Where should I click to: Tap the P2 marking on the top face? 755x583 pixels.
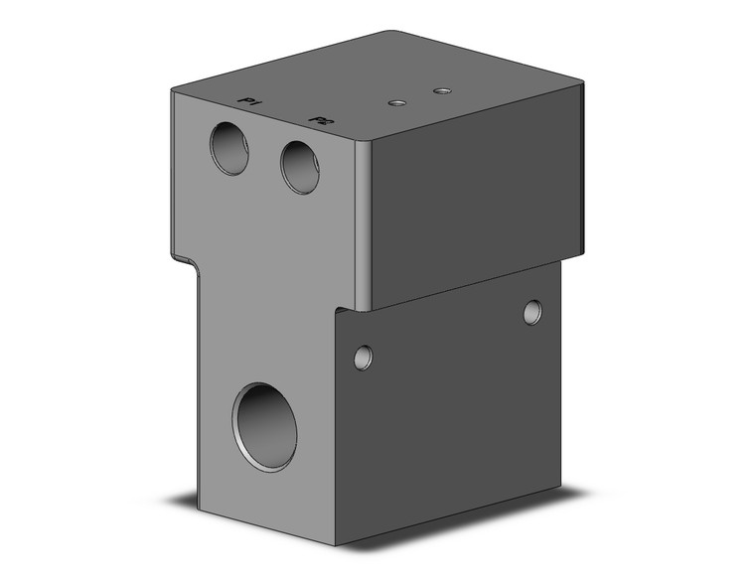320,120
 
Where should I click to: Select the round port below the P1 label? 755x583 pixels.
229,148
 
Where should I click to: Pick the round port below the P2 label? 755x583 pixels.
300,166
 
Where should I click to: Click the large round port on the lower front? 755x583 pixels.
265,426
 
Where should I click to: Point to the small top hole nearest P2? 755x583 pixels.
397,102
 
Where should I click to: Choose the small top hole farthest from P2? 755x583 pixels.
442,91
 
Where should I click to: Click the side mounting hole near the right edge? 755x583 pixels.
533,312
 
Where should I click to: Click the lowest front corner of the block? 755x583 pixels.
335,545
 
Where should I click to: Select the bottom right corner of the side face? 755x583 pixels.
559,484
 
